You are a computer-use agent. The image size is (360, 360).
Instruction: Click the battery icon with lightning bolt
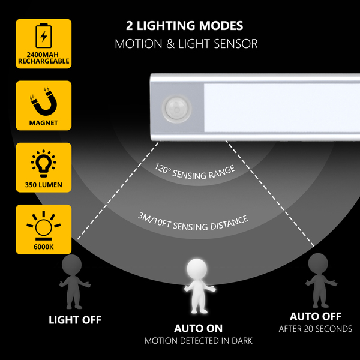click(43, 36)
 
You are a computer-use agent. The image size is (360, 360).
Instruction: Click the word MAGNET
click(43, 123)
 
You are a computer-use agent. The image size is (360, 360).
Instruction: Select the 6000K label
click(43, 246)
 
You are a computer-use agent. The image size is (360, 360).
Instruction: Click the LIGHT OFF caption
click(75, 320)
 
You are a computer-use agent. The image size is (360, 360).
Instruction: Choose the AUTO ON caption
click(198, 328)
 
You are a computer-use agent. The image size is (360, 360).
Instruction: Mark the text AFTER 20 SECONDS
click(316, 329)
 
